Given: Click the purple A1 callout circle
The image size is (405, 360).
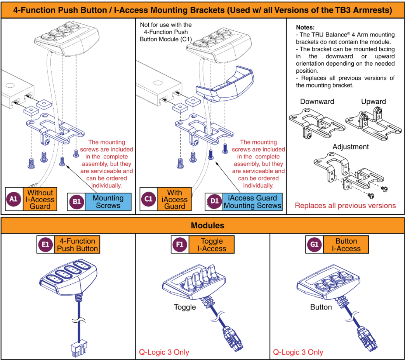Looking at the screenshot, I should (14, 199).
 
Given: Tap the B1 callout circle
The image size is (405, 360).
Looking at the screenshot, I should (76, 202).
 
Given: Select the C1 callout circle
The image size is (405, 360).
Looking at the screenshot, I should (148, 199).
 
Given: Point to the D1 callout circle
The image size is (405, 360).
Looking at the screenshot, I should (214, 202).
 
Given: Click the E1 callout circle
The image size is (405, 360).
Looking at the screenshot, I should (45, 245).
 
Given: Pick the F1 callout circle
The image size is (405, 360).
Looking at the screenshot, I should (180, 245).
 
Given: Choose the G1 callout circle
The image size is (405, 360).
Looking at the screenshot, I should (314, 245).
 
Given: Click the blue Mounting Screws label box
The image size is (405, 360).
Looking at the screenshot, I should (108, 202).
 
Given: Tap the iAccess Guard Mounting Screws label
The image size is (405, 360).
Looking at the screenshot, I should (252, 202).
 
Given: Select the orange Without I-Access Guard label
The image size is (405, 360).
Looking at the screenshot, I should (40, 199).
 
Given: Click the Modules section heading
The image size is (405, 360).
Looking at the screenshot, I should (202, 225).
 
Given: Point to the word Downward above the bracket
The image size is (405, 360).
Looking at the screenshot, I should (317, 102).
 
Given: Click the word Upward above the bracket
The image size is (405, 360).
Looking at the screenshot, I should (373, 102).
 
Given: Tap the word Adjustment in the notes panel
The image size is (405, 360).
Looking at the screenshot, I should (351, 147).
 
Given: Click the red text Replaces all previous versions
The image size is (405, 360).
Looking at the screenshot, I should (345, 205).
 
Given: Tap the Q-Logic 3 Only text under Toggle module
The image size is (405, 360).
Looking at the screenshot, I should (164, 352).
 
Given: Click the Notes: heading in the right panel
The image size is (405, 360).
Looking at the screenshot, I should (305, 28).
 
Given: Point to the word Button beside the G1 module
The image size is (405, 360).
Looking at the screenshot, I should (321, 307).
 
